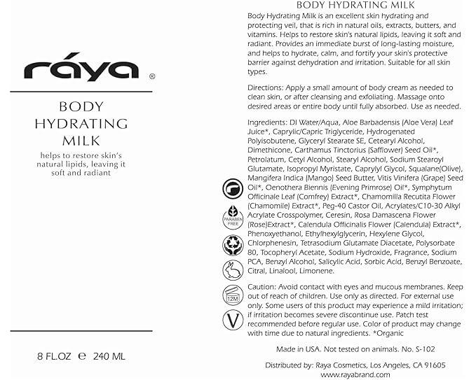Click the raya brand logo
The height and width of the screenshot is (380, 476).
point(80,70)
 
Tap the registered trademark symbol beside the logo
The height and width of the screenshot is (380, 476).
point(152,78)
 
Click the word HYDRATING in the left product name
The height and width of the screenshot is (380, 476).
point(82,123)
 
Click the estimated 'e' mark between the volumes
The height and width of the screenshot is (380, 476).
point(81,356)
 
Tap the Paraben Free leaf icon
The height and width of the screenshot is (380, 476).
point(232,218)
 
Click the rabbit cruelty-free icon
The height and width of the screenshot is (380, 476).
point(232,270)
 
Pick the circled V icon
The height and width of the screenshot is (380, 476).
point(232,321)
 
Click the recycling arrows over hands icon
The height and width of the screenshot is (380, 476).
point(232,244)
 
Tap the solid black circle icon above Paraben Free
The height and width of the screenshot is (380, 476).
point(232,190)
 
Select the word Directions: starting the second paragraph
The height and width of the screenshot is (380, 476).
point(265,87)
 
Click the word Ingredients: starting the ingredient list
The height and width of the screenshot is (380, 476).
point(267,123)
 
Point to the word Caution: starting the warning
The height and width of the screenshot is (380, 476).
point(263,287)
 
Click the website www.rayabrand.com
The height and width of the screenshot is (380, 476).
point(355,375)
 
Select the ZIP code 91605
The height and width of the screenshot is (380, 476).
point(433,365)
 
